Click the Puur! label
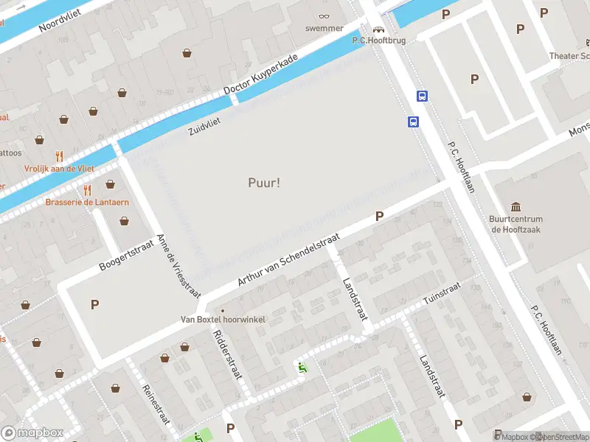click(x=263, y=183)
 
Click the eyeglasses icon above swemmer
click(x=324, y=15)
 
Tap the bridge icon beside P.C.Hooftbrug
click(x=379, y=29)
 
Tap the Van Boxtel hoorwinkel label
click(x=223, y=320)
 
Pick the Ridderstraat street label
click(x=227, y=353)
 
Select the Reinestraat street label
click(x=156, y=404)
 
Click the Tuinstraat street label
click(x=442, y=292)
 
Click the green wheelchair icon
click(x=301, y=366)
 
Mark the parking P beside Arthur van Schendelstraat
click(x=379, y=217)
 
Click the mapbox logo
click(x=32, y=432)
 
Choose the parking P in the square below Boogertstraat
click(x=94, y=304)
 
